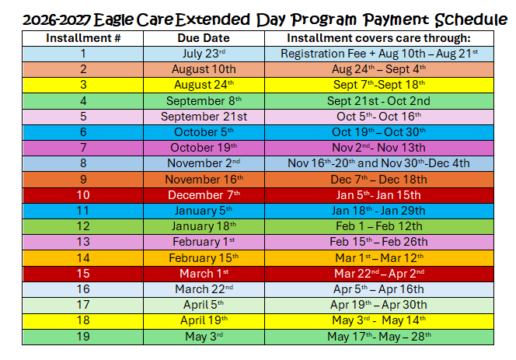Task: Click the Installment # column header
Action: (83, 38)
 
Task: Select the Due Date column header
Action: (204, 38)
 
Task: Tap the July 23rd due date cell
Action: (204, 54)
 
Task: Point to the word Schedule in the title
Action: (471, 19)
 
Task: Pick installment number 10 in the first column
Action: (83, 195)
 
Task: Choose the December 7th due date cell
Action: (204, 195)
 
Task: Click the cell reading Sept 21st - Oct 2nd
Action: (378, 101)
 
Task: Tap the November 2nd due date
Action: (204, 163)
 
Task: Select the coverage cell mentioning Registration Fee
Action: (379, 54)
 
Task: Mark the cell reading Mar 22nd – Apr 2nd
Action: (379, 274)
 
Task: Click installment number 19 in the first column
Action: (83, 337)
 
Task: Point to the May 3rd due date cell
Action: (204, 337)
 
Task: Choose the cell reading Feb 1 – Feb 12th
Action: (379, 226)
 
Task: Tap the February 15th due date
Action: (204, 258)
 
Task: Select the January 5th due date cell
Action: (204, 211)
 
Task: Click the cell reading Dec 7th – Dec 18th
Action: (378, 180)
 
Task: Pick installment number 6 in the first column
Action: (83, 132)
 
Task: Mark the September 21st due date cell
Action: (204, 117)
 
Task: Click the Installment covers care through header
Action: (378, 38)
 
